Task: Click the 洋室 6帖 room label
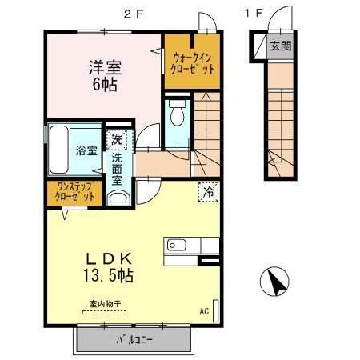103,74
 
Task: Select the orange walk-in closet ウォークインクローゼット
192,62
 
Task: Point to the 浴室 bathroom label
86,150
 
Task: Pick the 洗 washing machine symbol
117,141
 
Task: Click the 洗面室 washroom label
117,169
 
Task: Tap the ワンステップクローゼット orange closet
74,191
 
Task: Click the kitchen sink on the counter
175,245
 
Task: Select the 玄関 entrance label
280,46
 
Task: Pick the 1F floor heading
254,13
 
